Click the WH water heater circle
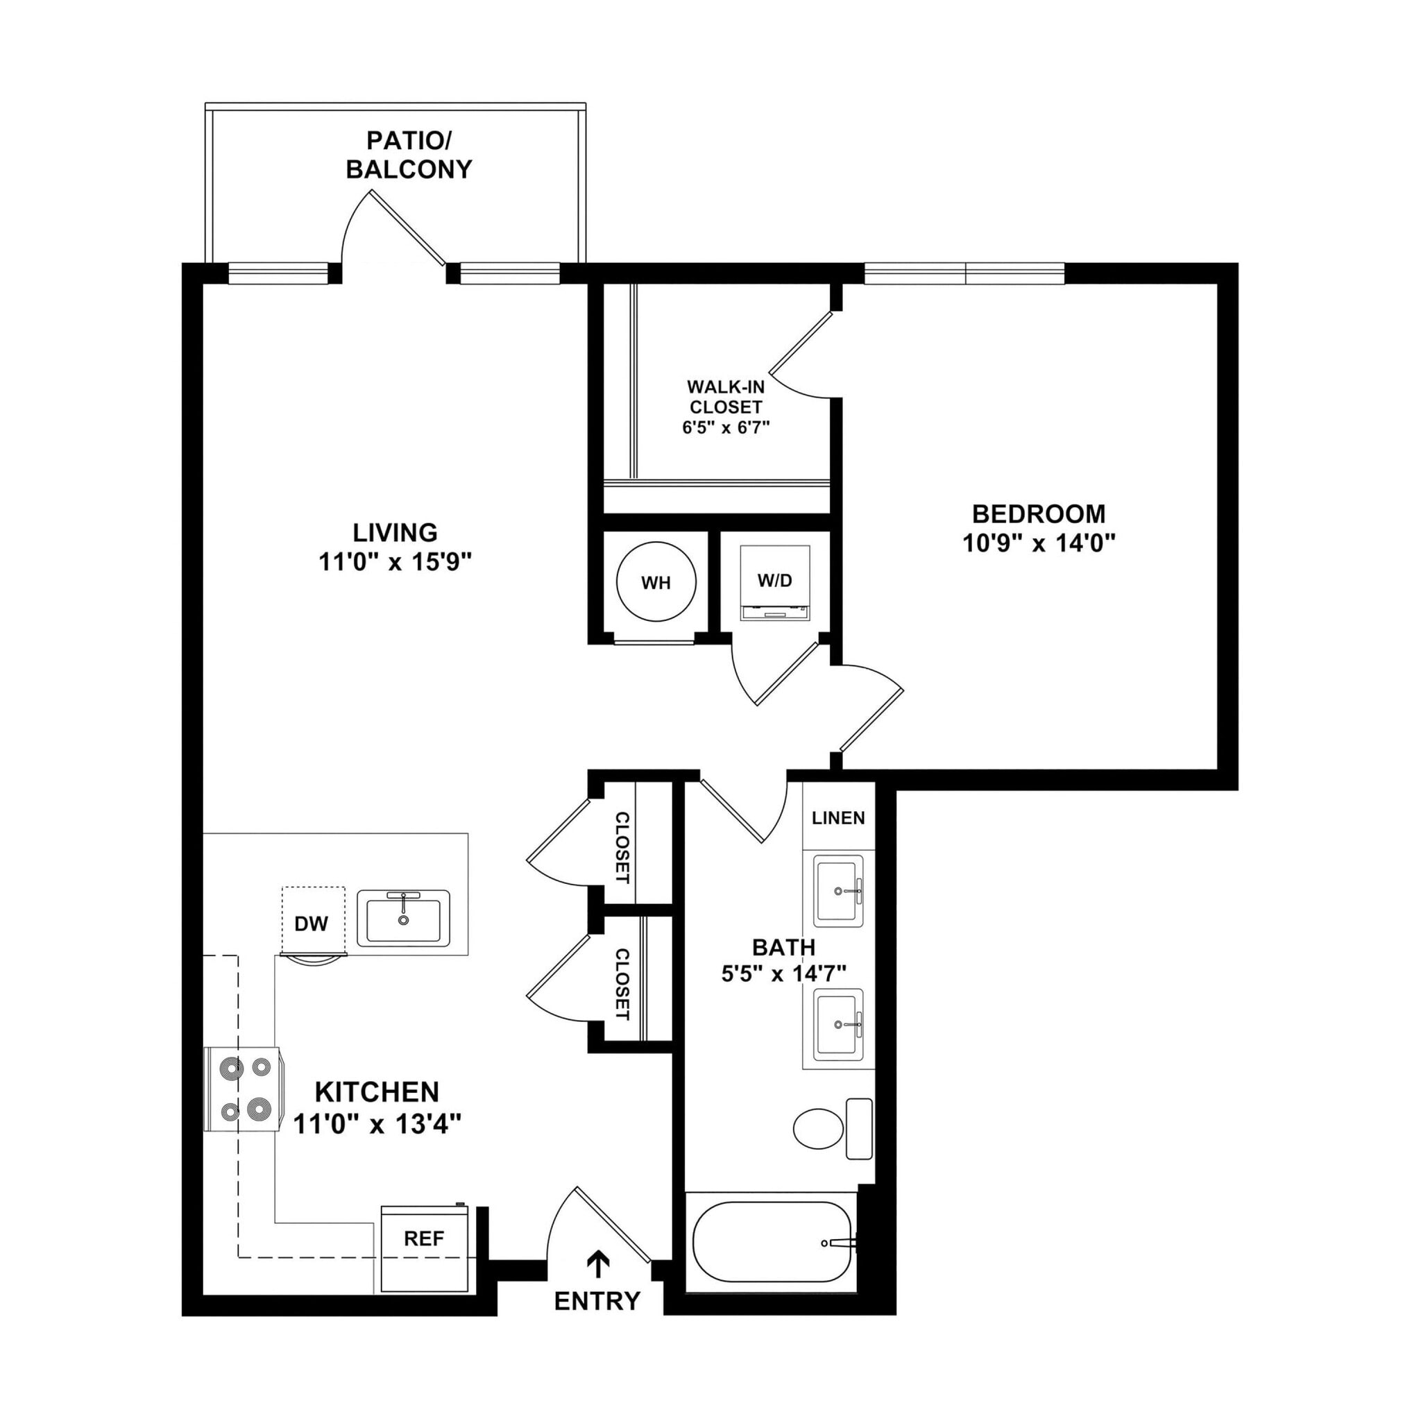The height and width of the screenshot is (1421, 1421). click(x=654, y=583)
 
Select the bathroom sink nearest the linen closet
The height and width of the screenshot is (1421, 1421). click(x=837, y=891)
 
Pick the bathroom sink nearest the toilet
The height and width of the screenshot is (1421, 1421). click(x=837, y=1024)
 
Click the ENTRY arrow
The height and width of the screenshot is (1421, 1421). click(x=598, y=1264)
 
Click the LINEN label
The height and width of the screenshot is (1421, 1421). click(x=838, y=818)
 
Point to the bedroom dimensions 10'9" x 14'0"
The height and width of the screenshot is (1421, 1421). click(x=1039, y=543)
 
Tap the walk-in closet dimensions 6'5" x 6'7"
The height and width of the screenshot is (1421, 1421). click(x=725, y=427)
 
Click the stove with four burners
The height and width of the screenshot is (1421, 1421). click(x=244, y=1088)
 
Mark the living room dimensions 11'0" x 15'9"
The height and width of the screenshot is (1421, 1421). click(x=394, y=563)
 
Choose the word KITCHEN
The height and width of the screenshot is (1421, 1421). click(x=377, y=1092)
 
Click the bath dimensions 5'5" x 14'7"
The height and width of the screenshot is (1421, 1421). click(x=783, y=975)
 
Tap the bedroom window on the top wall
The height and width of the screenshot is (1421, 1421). click(x=964, y=273)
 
